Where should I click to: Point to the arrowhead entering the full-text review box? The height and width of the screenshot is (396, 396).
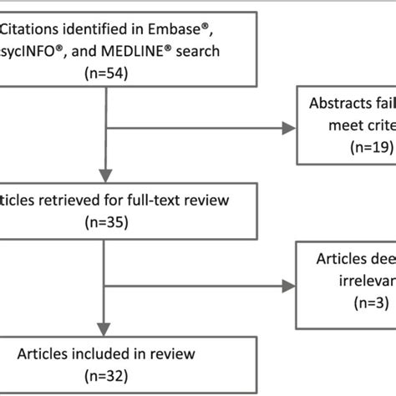(104, 177)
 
